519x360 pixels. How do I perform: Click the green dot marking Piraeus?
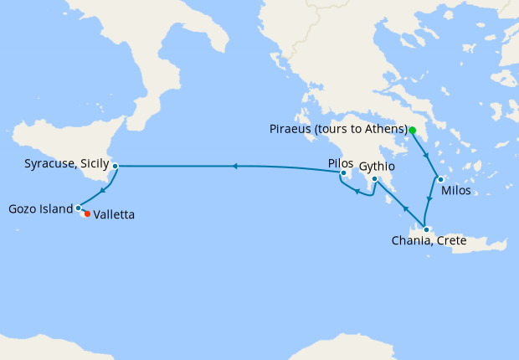[413, 130]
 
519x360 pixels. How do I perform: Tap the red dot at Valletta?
[87, 213]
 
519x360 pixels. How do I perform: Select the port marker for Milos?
[440, 178]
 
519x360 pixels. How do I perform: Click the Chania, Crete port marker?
[426, 230]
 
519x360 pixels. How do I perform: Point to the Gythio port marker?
[374, 178]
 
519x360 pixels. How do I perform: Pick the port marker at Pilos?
[344, 173]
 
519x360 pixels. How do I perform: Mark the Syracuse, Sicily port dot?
[115, 166]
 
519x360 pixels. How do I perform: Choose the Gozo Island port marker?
[78, 208]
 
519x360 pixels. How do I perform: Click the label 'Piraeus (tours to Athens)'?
[339, 129]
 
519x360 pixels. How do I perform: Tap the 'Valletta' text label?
[115, 214]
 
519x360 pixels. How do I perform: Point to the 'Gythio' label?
[378, 167]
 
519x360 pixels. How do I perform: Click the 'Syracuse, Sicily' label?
[63, 166]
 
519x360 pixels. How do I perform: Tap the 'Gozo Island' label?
[39, 208]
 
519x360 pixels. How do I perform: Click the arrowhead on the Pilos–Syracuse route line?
[235, 166]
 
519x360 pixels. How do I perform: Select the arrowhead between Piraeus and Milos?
[427, 156]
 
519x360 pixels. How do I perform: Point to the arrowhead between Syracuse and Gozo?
[102, 189]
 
